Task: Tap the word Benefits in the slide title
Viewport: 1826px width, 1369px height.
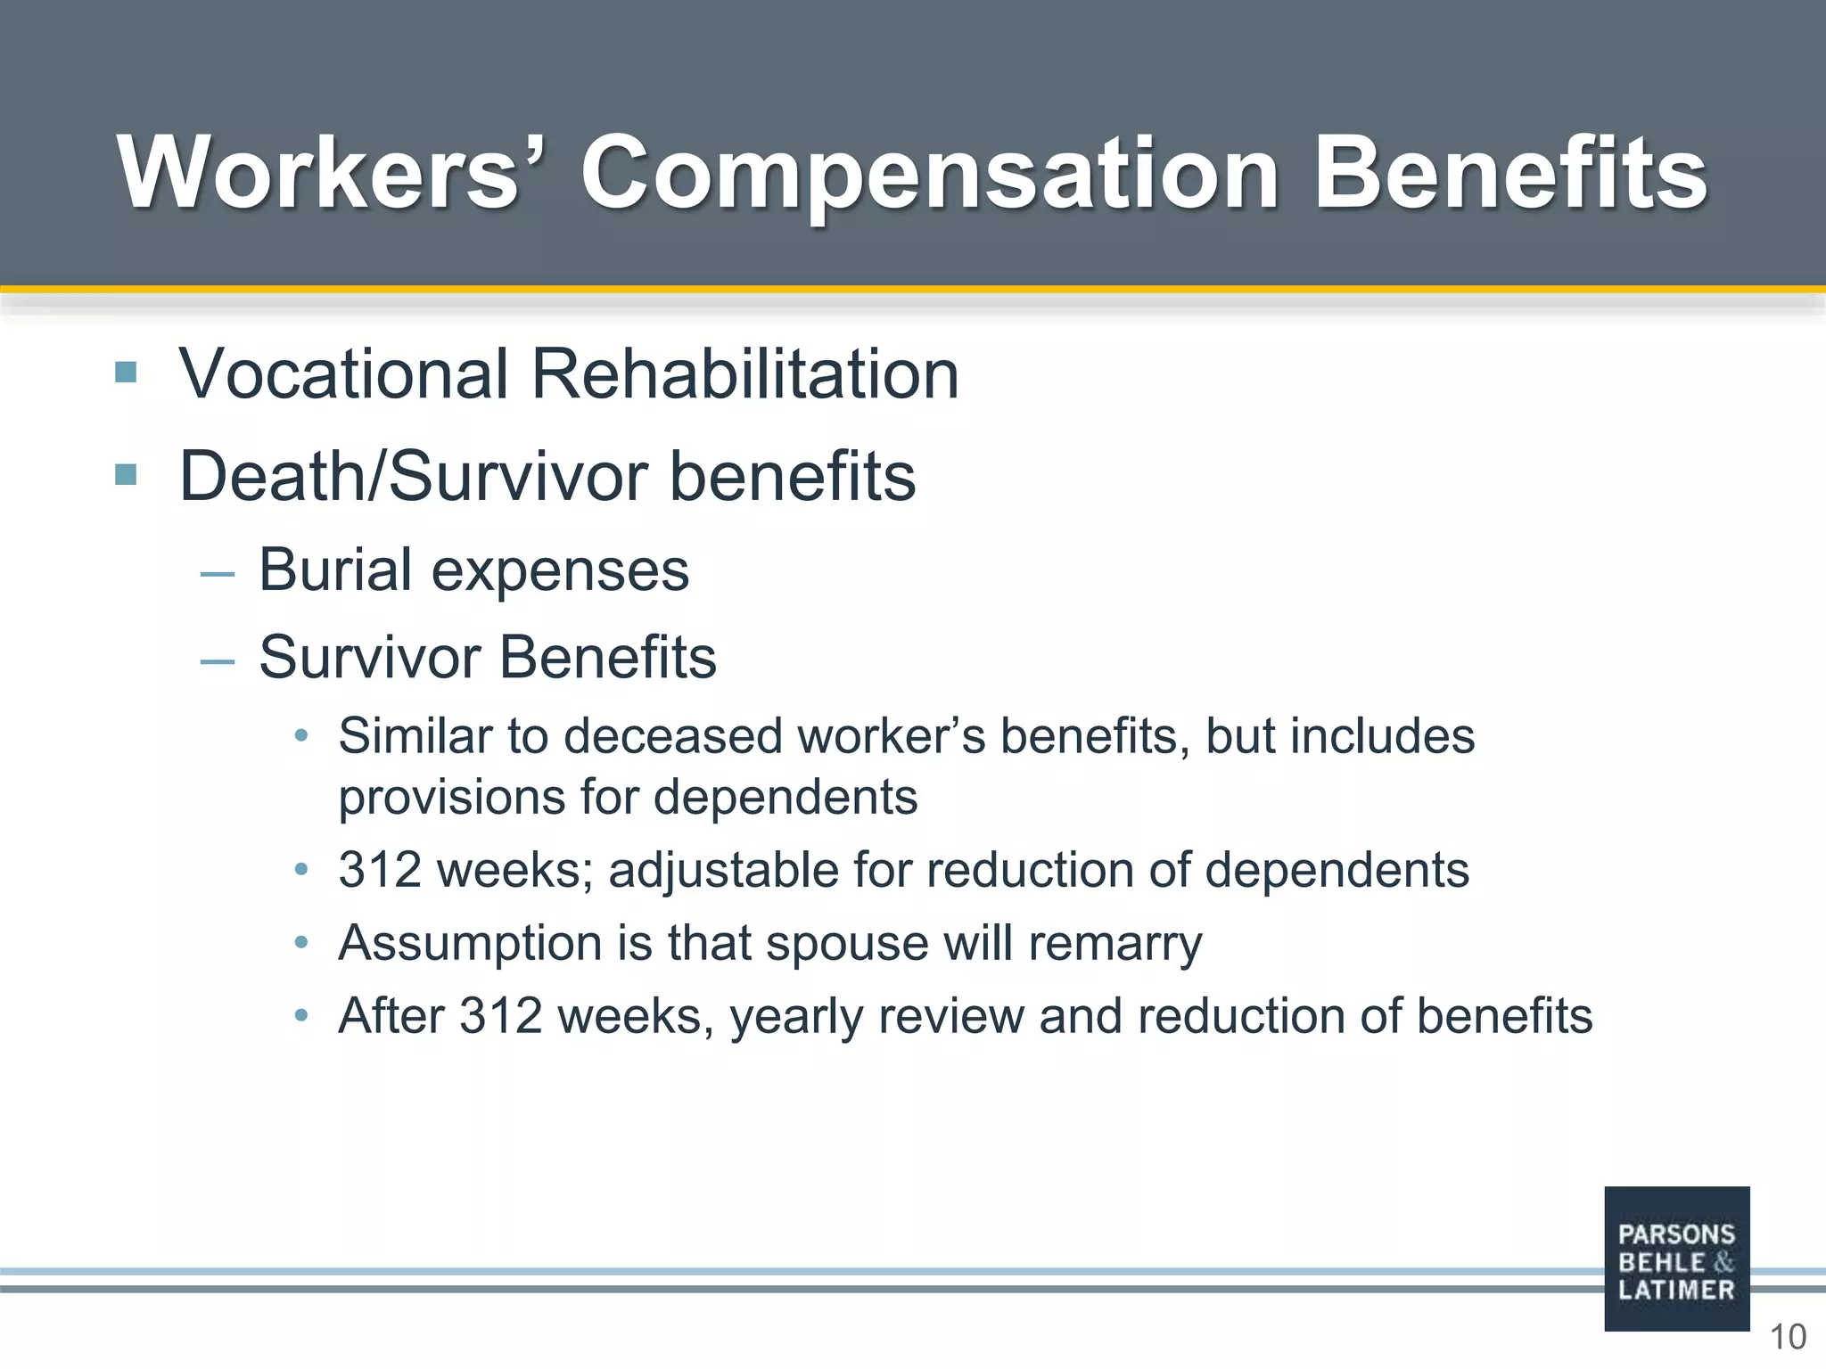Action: (x=1510, y=173)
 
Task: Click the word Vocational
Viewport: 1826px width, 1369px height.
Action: (x=344, y=373)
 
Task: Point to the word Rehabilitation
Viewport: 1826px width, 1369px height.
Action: (x=745, y=373)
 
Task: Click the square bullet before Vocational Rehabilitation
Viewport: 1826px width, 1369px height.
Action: (x=126, y=372)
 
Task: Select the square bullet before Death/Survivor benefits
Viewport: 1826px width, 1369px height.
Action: (x=126, y=474)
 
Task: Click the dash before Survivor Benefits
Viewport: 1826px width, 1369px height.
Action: (x=218, y=661)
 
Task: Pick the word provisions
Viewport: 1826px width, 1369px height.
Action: (x=451, y=797)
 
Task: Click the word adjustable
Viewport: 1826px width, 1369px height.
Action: (x=723, y=871)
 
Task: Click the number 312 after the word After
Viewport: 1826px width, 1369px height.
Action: (x=500, y=1016)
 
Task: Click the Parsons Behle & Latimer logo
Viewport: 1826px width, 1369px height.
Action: (x=1676, y=1258)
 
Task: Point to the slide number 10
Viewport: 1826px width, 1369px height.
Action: (x=1787, y=1338)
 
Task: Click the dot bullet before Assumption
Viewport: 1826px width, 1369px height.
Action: (x=301, y=942)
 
